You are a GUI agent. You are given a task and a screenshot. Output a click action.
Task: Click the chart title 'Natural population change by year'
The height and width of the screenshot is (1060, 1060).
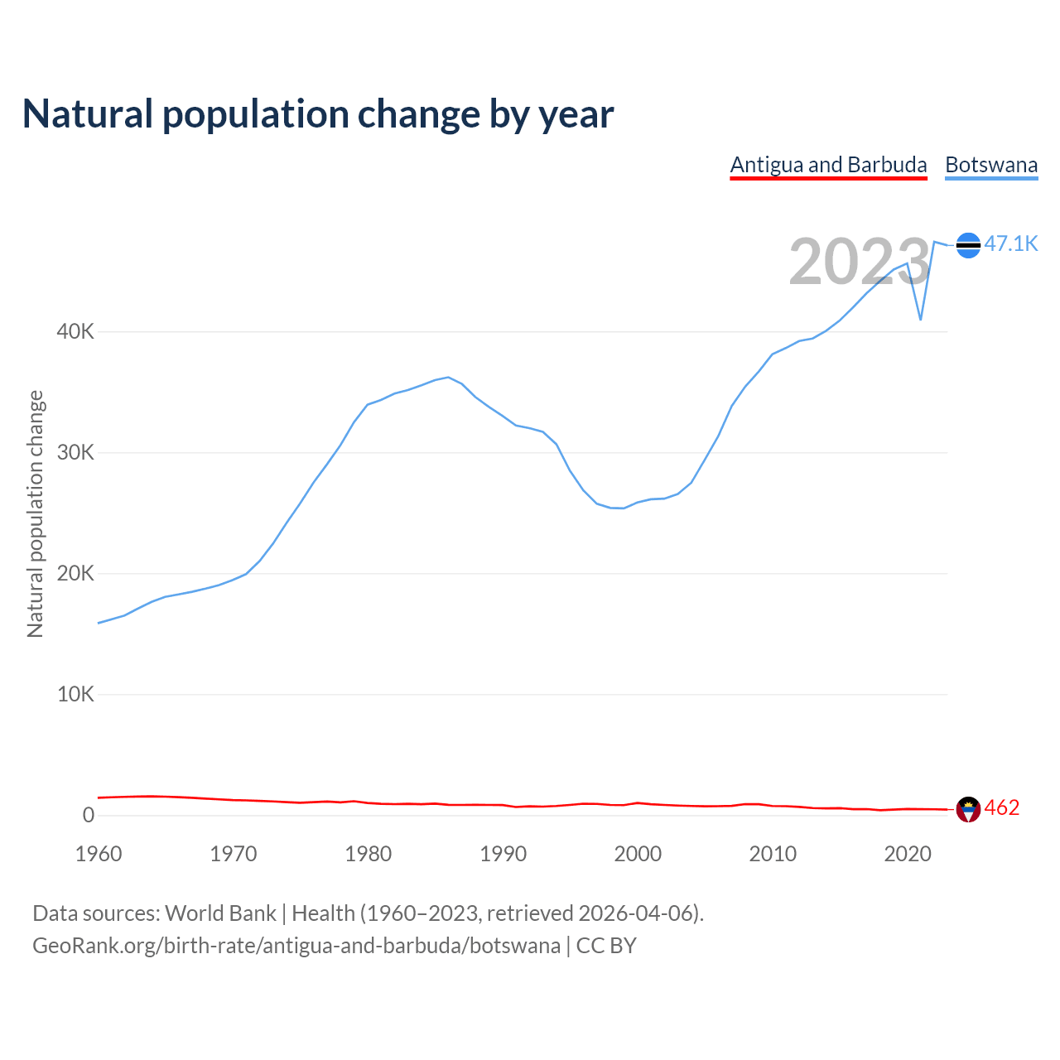[x=318, y=114]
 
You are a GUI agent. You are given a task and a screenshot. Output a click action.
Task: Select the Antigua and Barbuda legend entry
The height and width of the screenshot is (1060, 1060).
[x=828, y=165]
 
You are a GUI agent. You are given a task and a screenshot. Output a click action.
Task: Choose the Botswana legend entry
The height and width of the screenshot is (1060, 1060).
[x=991, y=165]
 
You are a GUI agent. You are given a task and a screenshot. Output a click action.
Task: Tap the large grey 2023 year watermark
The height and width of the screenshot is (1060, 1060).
[x=860, y=262]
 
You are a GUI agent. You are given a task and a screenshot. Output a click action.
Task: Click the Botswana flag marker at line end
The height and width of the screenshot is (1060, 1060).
[x=968, y=245]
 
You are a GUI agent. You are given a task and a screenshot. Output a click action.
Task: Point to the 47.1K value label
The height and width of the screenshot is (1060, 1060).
[x=1010, y=243]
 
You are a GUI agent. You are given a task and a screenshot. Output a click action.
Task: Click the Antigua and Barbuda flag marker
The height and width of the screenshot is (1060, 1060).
[x=968, y=809]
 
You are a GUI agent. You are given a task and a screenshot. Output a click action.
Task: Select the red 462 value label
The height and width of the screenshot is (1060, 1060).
[x=1002, y=808]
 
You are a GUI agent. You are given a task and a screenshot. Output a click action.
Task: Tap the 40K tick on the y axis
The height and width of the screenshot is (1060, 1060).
[x=75, y=332]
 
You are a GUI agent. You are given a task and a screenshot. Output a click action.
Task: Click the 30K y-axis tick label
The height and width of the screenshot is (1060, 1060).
[x=75, y=453]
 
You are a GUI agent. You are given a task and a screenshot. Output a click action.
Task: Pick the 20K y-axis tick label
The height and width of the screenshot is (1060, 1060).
[x=75, y=574]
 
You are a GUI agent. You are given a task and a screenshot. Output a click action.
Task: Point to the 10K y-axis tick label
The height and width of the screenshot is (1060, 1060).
[x=75, y=695]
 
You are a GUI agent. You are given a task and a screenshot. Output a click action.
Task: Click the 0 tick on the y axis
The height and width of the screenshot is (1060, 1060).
[x=89, y=816]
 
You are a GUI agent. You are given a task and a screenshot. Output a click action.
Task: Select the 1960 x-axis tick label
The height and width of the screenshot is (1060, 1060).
[x=99, y=854]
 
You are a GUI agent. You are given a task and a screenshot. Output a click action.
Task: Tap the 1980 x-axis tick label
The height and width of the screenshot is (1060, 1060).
[x=369, y=854]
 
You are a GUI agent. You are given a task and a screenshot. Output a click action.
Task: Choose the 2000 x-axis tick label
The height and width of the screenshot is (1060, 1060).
[x=638, y=854]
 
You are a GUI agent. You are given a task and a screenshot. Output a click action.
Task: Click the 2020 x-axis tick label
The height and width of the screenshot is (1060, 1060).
[x=908, y=854]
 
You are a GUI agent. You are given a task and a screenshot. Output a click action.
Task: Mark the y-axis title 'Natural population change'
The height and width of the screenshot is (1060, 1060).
[x=36, y=513]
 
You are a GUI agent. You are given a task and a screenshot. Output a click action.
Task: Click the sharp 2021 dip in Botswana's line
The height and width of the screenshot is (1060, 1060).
[x=921, y=319]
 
